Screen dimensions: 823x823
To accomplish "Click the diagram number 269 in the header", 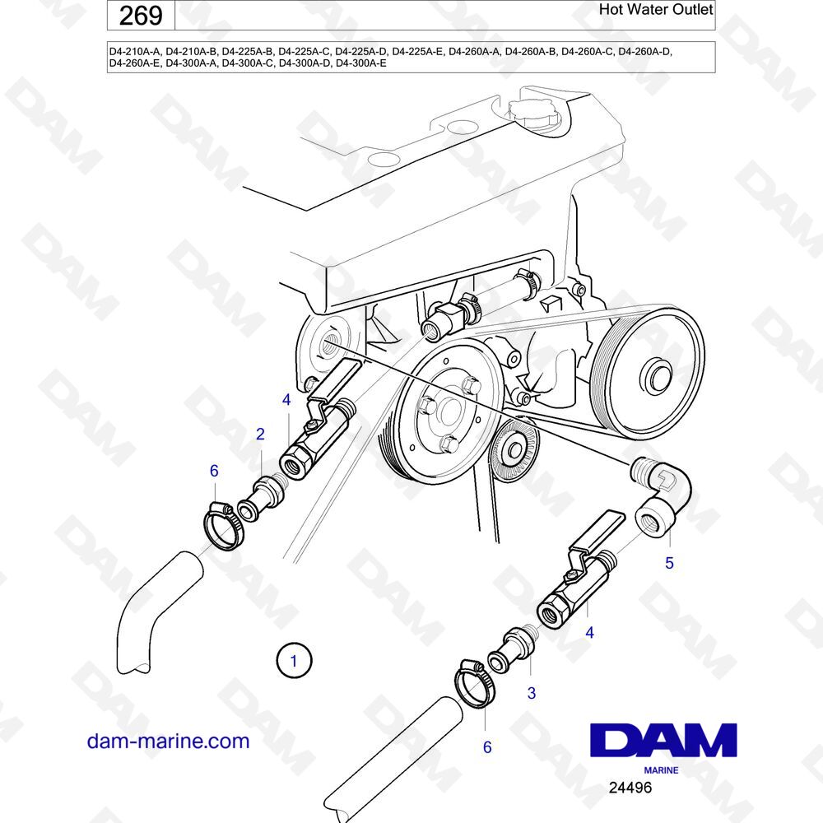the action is [141, 16].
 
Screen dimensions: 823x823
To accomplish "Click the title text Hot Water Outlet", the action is [656, 9].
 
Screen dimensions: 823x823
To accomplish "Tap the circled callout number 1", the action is [294, 661].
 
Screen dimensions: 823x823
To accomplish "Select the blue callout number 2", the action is [260, 434].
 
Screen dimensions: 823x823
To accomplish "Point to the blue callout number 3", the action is [531, 693].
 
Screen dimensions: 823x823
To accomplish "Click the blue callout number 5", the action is [669, 563].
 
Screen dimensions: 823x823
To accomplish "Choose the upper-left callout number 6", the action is [214, 471].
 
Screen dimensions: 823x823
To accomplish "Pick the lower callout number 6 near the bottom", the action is [487, 747].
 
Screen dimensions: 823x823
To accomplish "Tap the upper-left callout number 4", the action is [286, 400].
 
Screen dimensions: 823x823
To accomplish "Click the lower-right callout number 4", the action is [589, 633].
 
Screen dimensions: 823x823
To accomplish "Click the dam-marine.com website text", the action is [168, 742].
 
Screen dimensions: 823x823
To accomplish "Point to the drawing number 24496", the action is [630, 788].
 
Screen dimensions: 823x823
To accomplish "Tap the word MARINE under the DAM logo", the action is [661, 770].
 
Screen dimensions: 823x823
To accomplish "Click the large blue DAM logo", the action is [663, 740].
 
